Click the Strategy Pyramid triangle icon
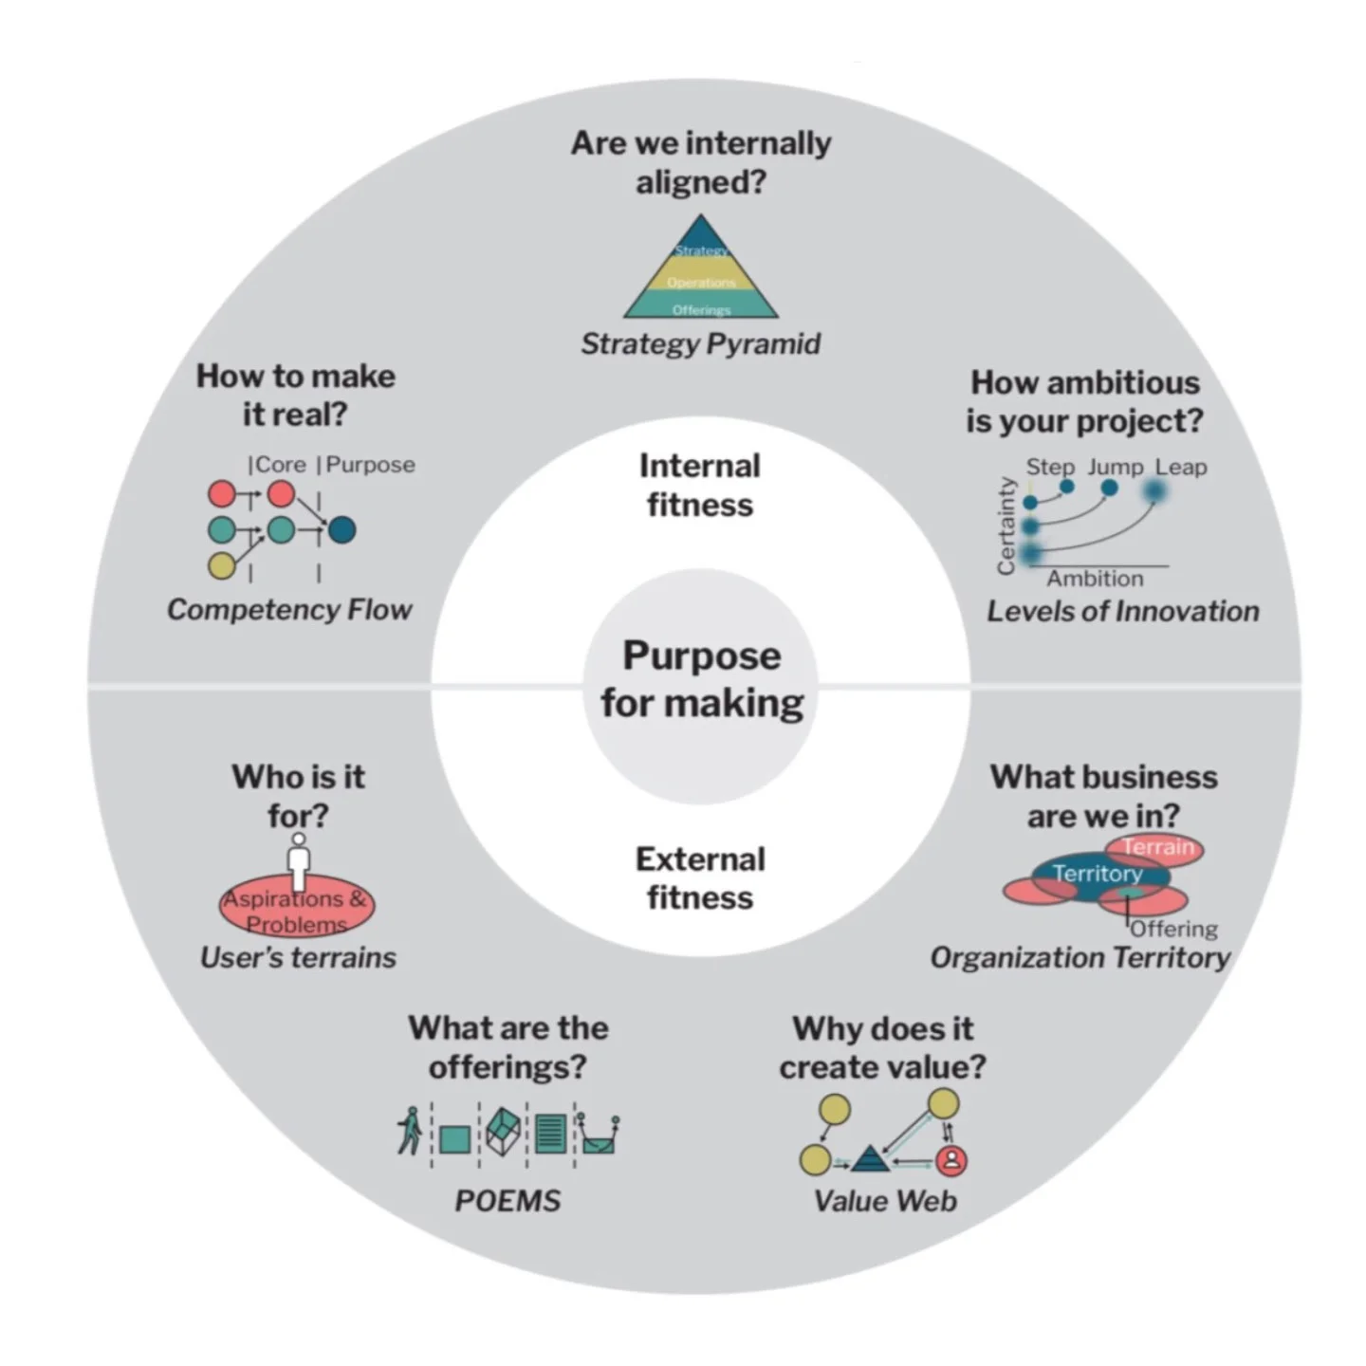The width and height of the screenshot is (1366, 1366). tap(700, 270)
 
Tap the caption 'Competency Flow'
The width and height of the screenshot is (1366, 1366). tap(289, 609)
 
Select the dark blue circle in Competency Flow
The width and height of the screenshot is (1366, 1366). tap(341, 529)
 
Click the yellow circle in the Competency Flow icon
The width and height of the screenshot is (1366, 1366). tap(221, 565)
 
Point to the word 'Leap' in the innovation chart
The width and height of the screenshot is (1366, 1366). tap(1180, 467)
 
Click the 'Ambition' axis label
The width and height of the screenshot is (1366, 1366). tap(1095, 579)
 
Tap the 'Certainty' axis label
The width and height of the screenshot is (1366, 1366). tap(1006, 526)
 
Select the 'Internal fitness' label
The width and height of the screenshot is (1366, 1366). tap(700, 485)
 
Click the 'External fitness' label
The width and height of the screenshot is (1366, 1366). tap(700, 877)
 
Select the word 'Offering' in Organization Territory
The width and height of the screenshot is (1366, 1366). tap(1173, 929)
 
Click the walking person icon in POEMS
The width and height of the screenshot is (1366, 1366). tap(409, 1131)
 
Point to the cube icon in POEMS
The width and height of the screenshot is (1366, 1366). tap(503, 1131)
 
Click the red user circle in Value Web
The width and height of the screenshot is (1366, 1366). tap(951, 1159)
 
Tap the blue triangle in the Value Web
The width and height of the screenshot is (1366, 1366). tap(869, 1159)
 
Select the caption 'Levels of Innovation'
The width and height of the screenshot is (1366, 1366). tap(1122, 611)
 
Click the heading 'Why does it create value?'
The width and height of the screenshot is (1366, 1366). tap(882, 1047)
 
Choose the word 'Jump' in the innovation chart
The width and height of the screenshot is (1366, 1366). tap(1115, 467)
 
